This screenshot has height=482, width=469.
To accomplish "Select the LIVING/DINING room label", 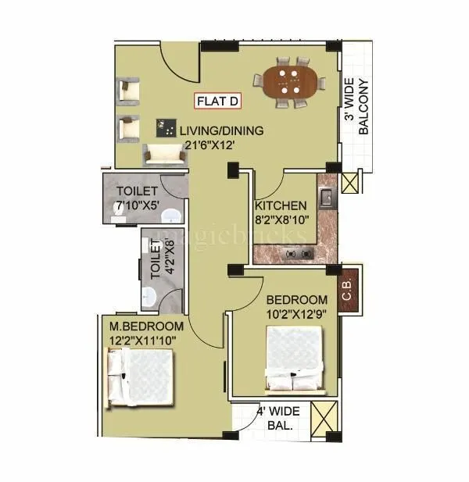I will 221,130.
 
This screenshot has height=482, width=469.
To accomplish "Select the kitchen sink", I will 326,196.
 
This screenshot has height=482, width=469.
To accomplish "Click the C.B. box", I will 348,291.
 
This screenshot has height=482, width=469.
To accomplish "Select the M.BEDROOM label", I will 147,326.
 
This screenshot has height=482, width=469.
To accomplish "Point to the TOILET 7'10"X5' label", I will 138,198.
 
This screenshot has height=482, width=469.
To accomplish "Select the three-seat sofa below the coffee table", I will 166,155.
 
